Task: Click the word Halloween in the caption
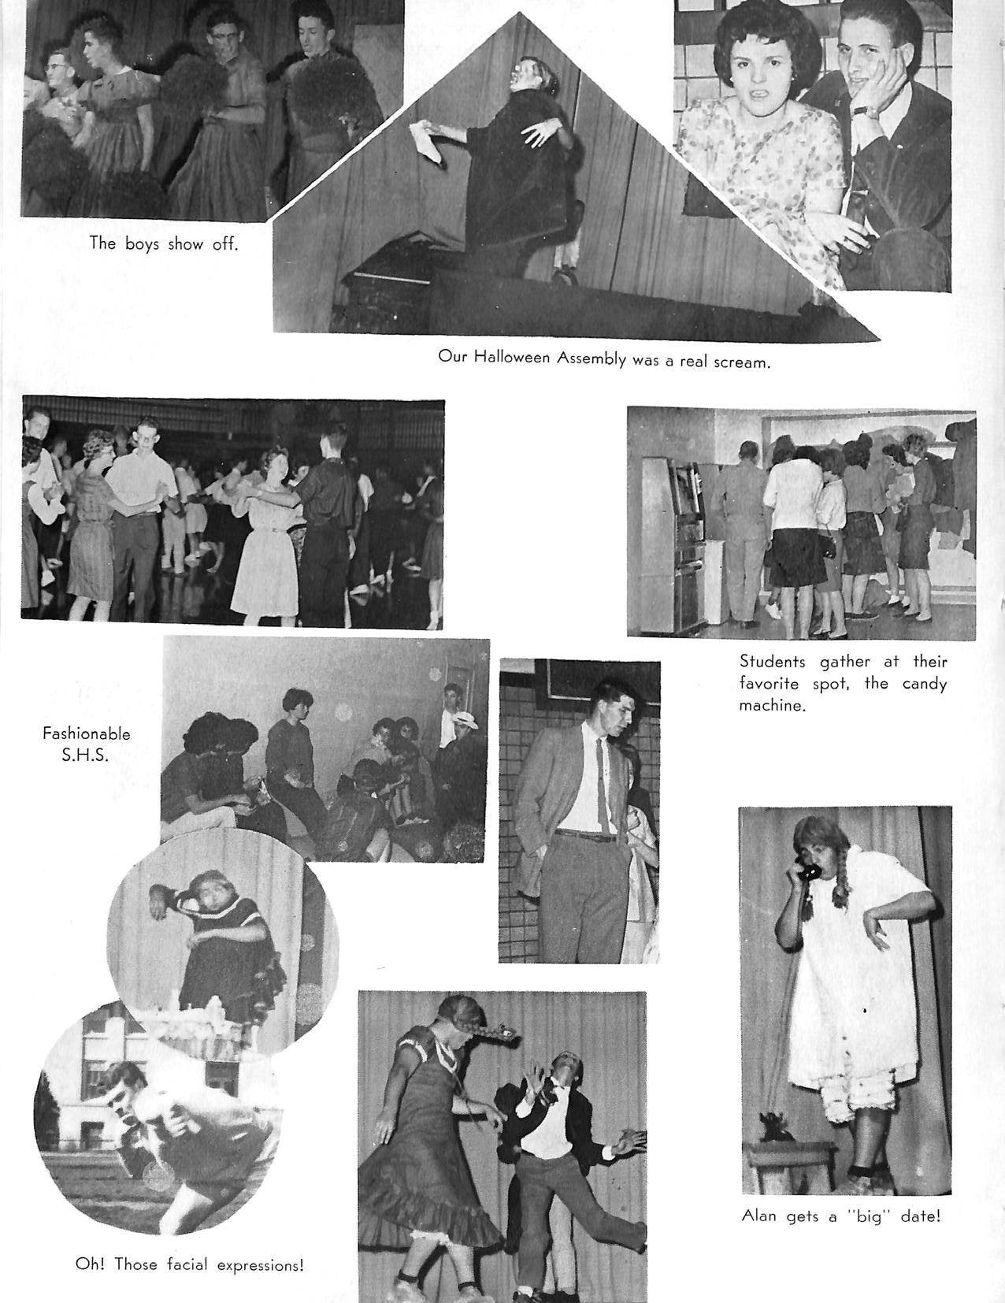513,357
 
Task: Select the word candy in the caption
924,683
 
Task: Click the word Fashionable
87,733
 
